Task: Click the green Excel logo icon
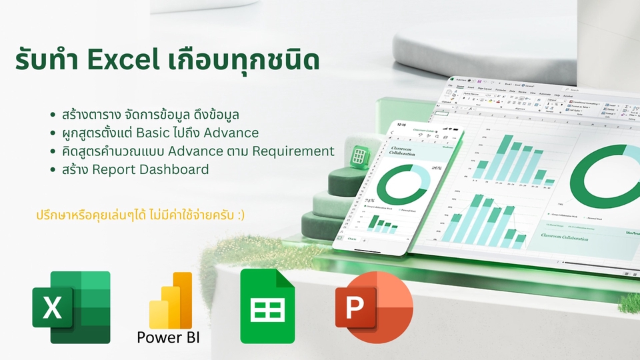(71, 307)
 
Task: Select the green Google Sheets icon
(267, 307)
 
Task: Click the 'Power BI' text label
(168, 337)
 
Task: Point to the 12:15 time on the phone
(401, 124)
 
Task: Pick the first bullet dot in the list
(53, 115)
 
